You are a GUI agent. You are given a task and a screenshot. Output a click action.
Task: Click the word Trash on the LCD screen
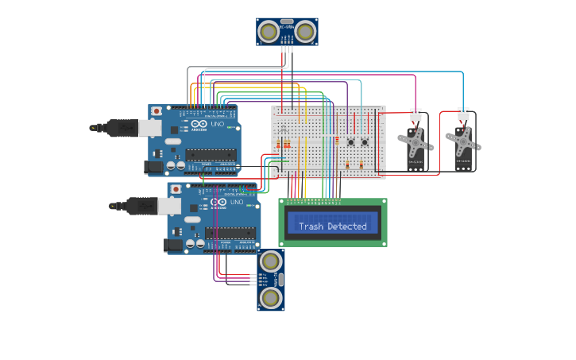[x=311, y=226]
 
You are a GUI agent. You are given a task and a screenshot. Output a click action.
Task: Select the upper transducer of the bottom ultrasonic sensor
[x=271, y=261]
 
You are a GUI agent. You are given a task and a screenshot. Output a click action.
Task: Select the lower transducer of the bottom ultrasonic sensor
[x=271, y=297]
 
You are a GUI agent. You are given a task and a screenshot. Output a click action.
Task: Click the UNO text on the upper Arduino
[x=216, y=125]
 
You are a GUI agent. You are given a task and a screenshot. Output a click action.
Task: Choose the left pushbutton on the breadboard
[x=351, y=142]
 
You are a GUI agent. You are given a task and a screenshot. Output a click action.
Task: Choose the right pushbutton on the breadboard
[x=365, y=142]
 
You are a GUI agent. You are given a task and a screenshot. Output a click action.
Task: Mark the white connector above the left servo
[x=416, y=114]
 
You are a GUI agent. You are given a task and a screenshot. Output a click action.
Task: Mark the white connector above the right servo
[x=463, y=114]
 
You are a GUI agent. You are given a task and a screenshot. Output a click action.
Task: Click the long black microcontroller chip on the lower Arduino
[x=230, y=233]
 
